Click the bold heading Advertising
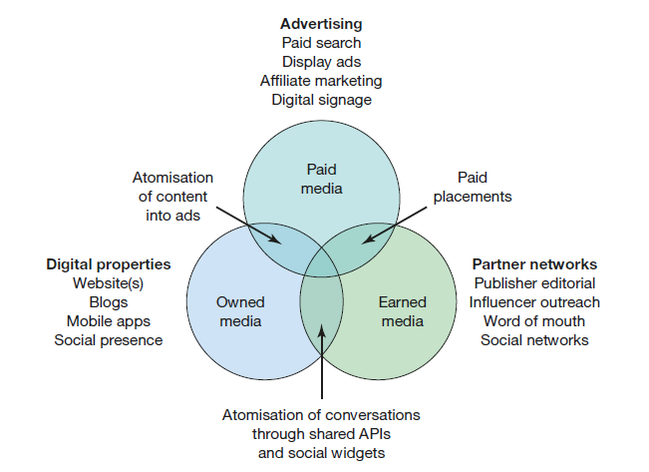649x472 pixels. (x=320, y=23)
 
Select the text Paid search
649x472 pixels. (x=320, y=42)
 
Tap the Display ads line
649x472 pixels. (x=320, y=61)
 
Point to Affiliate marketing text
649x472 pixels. (x=320, y=80)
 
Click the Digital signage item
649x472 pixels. (x=320, y=99)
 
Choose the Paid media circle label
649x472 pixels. (x=321, y=180)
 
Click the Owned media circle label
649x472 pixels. (x=239, y=310)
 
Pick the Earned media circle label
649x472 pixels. (x=402, y=310)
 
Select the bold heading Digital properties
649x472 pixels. (x=109, y=264)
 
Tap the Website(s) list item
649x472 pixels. (x=109, y=283)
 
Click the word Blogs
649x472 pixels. (x=109, y=302)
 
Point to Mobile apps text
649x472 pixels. (x=109, y=321)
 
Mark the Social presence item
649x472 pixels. (x=109, y=340)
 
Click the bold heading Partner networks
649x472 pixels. (x=534, y=264)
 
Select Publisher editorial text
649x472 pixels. (x=534, y=283)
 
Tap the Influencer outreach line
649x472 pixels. (x=534, y=302)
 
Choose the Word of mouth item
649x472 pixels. (x=534, y=321)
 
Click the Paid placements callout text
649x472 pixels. (x=473, y=187)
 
